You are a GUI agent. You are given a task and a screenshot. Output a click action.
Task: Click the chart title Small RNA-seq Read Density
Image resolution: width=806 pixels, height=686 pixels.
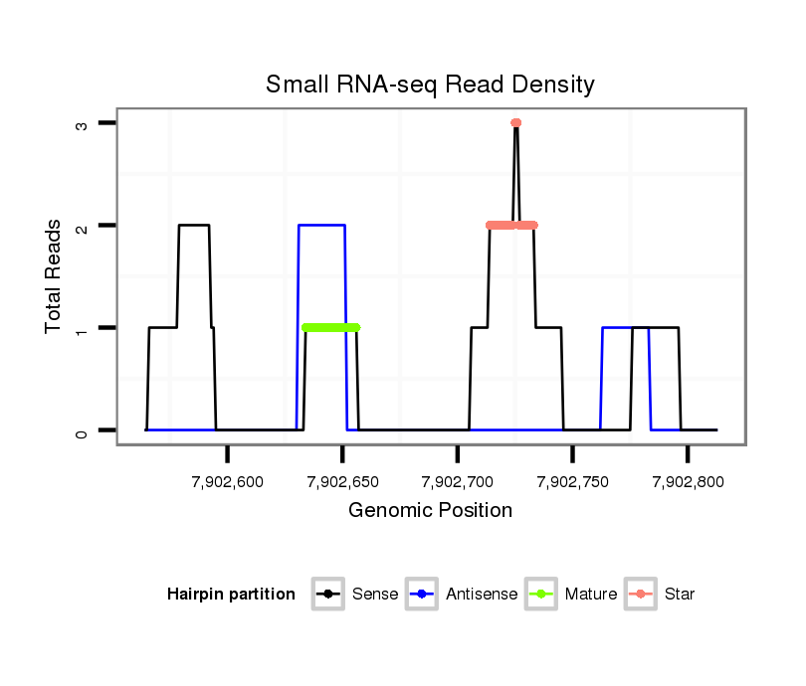430,85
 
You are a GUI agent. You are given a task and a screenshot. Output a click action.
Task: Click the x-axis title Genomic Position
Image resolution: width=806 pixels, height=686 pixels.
430,511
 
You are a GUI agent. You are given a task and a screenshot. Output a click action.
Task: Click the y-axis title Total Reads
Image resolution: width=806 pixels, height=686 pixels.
54,276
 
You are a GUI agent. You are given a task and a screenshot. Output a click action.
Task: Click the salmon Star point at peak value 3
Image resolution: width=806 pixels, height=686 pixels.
515,123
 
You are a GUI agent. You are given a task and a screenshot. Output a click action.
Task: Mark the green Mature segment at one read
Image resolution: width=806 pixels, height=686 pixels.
330,327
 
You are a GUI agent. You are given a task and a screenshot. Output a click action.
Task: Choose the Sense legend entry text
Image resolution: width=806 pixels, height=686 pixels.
375,595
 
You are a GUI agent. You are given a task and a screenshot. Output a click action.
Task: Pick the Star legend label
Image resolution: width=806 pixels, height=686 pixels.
680,595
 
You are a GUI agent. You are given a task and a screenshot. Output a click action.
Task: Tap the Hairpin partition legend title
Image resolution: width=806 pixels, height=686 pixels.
231,595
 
